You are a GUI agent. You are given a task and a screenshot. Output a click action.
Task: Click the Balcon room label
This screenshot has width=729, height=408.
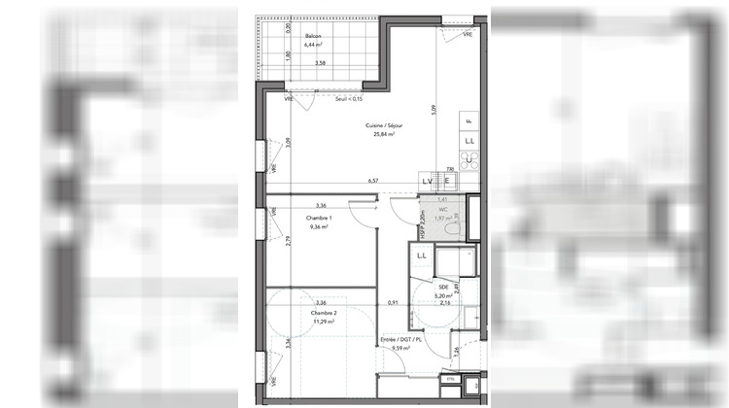pyautogui.click(x=312, y=36)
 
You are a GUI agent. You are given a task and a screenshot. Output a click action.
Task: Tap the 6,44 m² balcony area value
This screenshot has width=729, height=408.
pyautogui.click(x=312, y=45)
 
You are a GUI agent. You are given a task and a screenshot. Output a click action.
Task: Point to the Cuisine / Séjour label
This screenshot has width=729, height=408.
pyautogui.click(x=385, y=125)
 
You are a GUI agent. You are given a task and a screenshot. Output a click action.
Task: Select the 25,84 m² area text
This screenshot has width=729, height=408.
pyautogui.click(x=385, y=135)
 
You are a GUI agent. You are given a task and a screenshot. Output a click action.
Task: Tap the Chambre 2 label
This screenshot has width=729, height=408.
pyautogui.click(x=323, y=314)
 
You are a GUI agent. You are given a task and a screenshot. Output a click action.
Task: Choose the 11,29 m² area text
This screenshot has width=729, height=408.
pyautogui.click(x=323, y=323)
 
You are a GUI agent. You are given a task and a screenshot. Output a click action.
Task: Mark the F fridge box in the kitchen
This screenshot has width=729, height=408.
pyautogui.click(x=469, y=120)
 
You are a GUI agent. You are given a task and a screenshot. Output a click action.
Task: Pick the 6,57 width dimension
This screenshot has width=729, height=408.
pyautogui.click(x=372, y=182)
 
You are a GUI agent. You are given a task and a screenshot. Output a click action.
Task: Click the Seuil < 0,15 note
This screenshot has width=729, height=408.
pyautogui.click(x=348, y=99)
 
